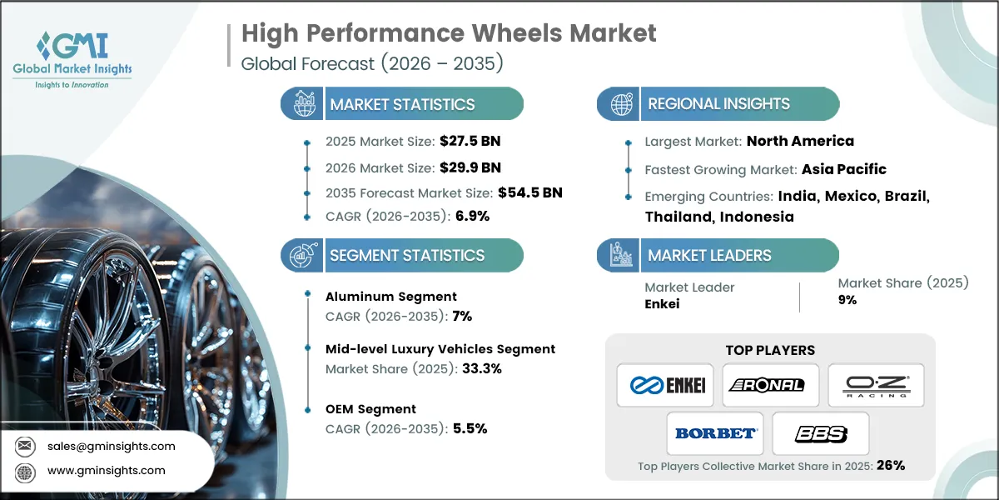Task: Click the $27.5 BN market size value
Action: click(470, 141)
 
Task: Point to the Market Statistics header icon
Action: click(301, 104)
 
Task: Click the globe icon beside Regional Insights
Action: click(619, 104)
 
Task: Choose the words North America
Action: click(800, 141)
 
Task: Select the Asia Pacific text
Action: click(843, 169)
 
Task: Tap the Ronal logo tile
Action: click(770, 385)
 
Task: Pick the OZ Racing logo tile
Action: click(876, 385)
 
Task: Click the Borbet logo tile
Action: click(716, 433)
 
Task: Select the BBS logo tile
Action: click(821, 433)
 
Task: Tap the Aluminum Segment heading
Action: click(391, 296)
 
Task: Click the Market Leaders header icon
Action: click(619, 255)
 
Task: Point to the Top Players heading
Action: click(770, 350)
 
